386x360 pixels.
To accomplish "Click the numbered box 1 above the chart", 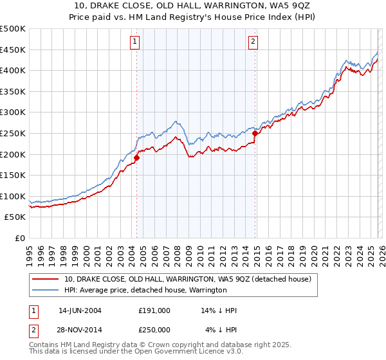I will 135,42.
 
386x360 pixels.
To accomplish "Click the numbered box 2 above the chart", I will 253,42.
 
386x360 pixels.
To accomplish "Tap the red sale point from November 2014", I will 255,133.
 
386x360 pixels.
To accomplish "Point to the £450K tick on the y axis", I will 14,50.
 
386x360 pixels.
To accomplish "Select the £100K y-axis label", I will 14,196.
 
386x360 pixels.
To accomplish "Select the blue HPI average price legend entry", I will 145,290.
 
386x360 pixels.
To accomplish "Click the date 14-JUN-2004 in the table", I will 80,310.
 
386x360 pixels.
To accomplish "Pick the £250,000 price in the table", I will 154,330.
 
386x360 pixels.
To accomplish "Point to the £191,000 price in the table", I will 154,310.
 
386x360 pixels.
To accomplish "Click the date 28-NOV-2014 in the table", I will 80,330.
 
